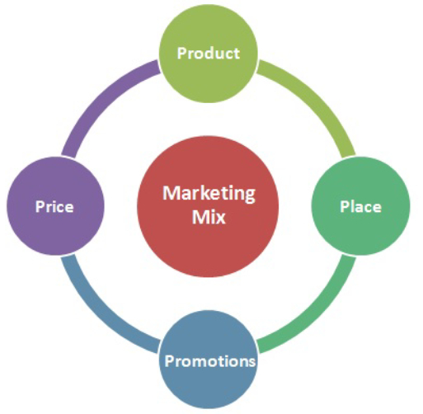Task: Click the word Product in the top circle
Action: [209, 53]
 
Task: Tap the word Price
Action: [54, 206]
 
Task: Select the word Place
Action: [360, 206]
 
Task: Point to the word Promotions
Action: [210, 360]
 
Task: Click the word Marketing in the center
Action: [209, 195]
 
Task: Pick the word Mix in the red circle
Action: [209, 217]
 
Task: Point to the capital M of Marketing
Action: [172, 193]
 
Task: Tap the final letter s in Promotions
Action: [251, 362]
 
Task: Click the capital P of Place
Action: [345, 206]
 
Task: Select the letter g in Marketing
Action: [249, 196]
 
